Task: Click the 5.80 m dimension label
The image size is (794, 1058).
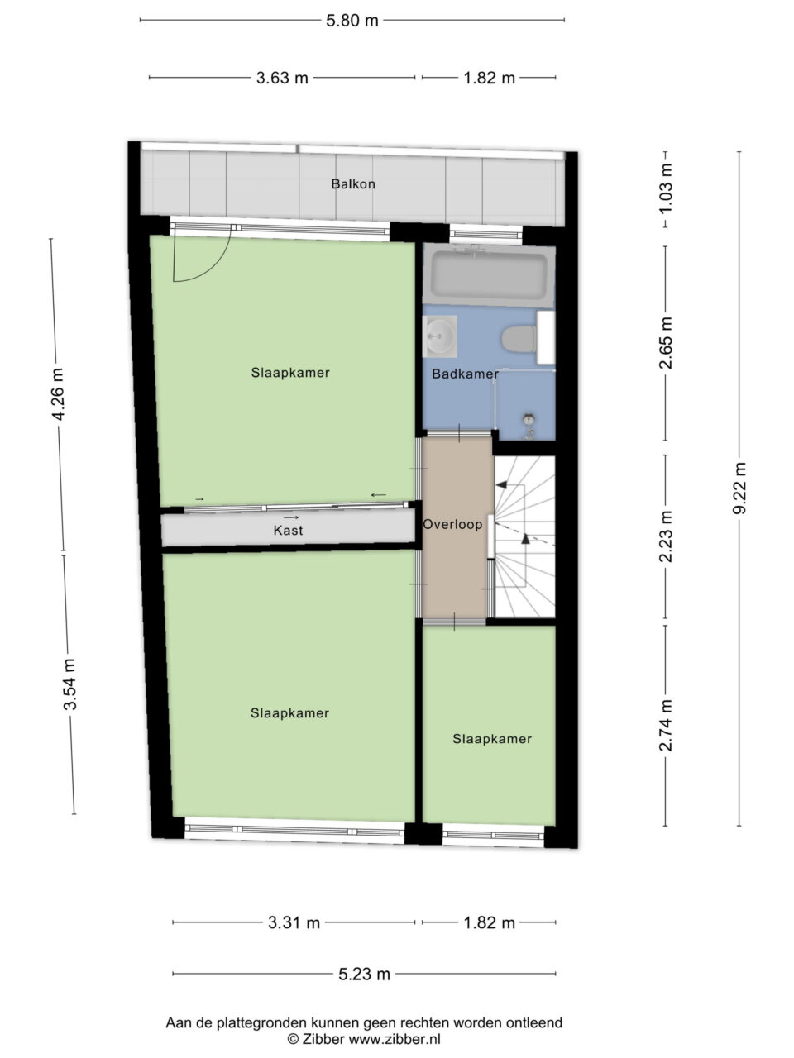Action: click(x=352, y=21)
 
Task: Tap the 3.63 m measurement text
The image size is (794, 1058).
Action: click(x=282, y=78)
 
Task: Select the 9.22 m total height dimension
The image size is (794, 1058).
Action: click(x=739, y=488)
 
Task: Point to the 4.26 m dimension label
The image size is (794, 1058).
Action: click(x=57, y=394)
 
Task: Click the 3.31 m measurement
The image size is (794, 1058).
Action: click(x=294, y=922)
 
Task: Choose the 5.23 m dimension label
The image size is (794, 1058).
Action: click(x=364, y=975)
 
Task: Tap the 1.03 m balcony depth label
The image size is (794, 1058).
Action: click(x=666, y=188)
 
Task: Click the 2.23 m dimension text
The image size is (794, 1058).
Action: click(x=666, y=537)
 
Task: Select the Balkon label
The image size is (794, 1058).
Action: click(x=353, y=184)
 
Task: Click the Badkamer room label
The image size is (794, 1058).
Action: click(x=465, y=374)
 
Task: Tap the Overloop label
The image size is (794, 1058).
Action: click(x=452, y=524)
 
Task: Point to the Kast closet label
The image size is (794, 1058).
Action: click(x=289, y=530)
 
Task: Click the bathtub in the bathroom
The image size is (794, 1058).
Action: click(x=489, y=276)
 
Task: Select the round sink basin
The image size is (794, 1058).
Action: click(x=440, y=336)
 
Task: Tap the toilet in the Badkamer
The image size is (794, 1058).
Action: click(x=519, y=338)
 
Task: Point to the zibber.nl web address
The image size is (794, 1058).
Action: click(x=395, y=1038)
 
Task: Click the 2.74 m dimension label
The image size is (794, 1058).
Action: click(x=666, y=726)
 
